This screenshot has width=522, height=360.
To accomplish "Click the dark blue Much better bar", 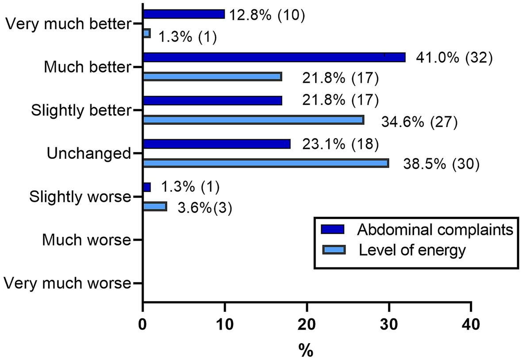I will [274, 57].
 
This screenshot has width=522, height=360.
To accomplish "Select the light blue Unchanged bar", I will [266, 163].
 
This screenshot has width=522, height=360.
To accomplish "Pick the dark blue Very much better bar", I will [184, 15].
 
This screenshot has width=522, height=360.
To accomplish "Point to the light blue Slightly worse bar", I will [155, 207].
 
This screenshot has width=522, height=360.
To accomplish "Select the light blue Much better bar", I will [212, 77].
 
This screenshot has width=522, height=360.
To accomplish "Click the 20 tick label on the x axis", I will [307, 325].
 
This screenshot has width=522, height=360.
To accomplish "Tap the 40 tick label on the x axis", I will [470, 325].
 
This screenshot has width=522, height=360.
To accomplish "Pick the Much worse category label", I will [86, 241].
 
